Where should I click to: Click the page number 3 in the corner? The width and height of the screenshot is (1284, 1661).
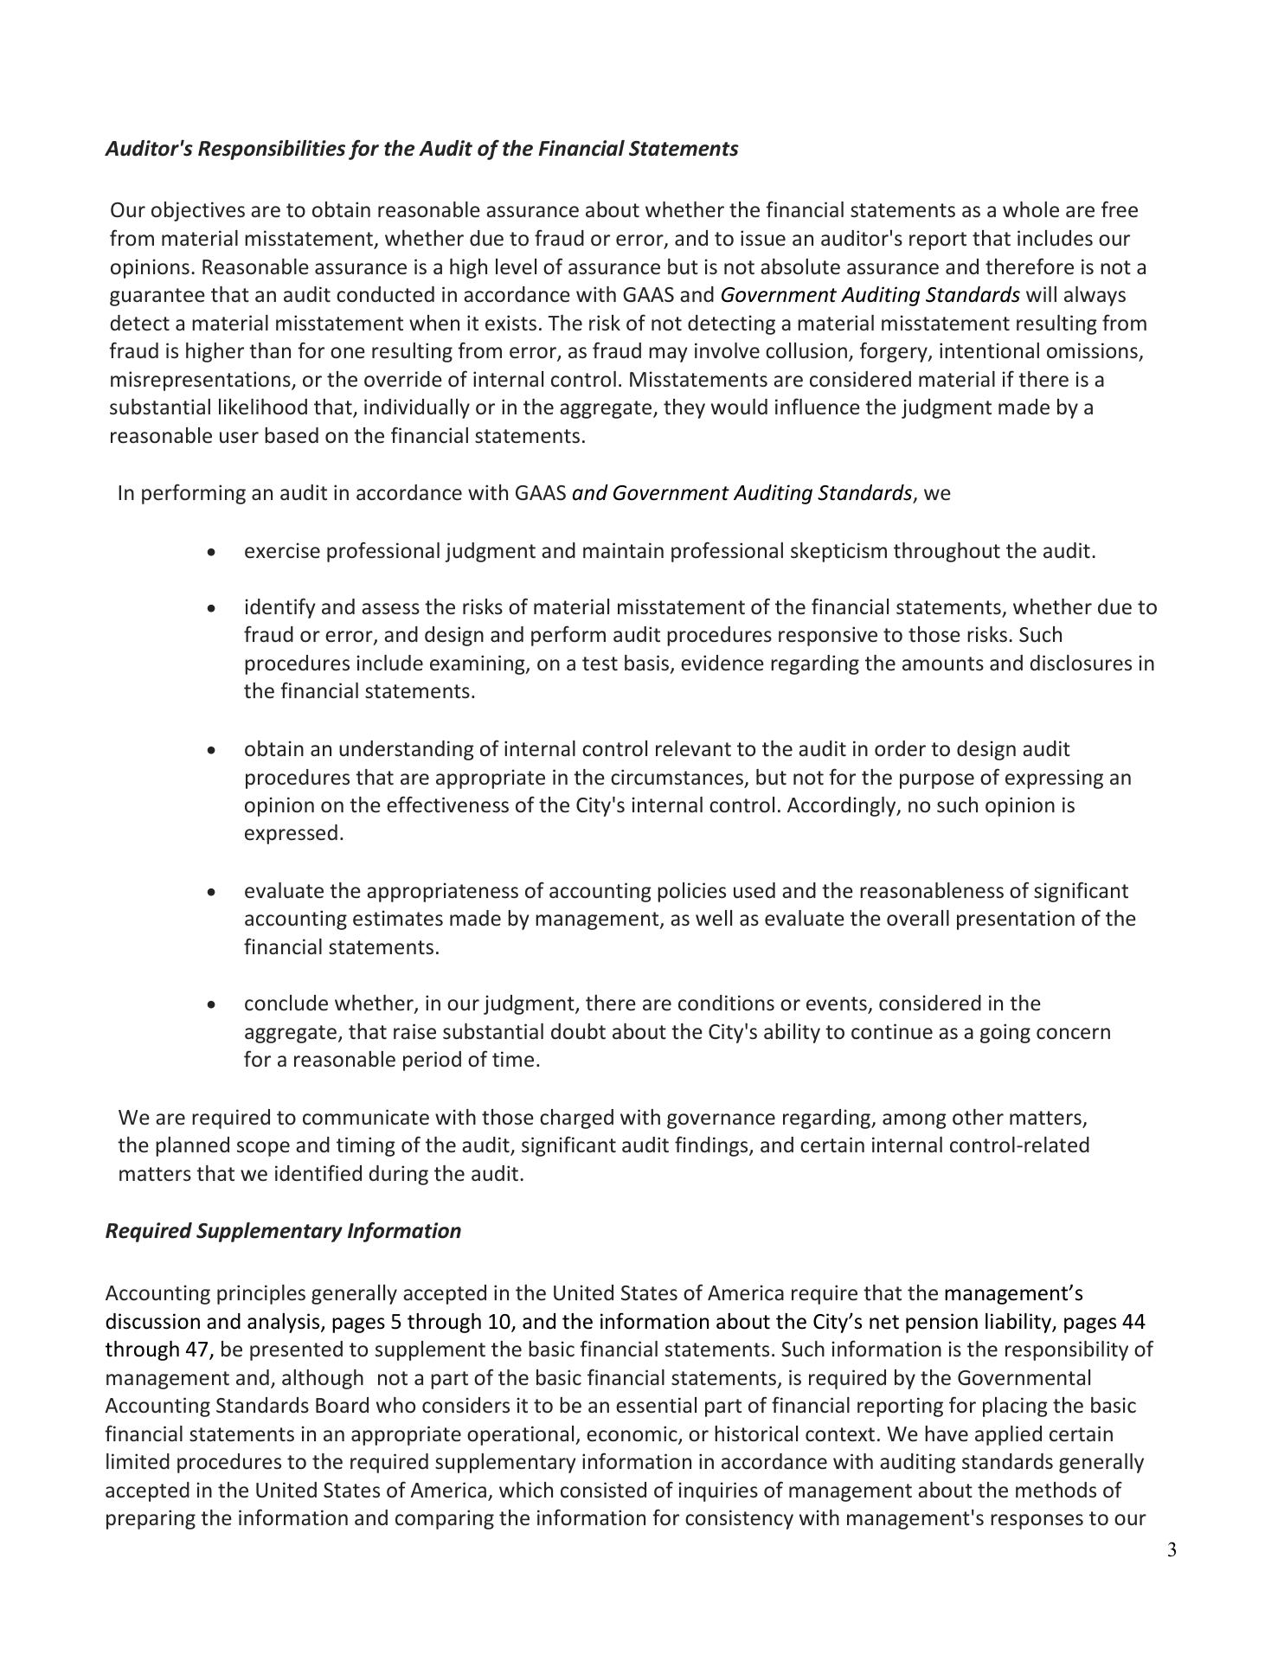(1172, 1574)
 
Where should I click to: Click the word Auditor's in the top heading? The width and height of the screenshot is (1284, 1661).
(142, 149)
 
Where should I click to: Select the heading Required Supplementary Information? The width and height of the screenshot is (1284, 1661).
(283, 1231)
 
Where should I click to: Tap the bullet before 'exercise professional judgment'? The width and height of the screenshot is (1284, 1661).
(212, 552)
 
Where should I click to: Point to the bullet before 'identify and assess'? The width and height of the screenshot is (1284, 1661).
(212, 608)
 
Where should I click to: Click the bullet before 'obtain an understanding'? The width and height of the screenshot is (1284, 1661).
(212, 750)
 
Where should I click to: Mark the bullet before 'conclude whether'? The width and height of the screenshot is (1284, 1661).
(212, 1005)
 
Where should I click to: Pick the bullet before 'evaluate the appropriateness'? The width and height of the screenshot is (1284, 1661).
(212, 892)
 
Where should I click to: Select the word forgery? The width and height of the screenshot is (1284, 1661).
(888, 351)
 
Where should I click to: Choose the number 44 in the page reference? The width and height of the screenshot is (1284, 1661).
(1133, 1322)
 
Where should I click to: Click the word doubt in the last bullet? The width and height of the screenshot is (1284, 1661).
(575, 1032)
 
